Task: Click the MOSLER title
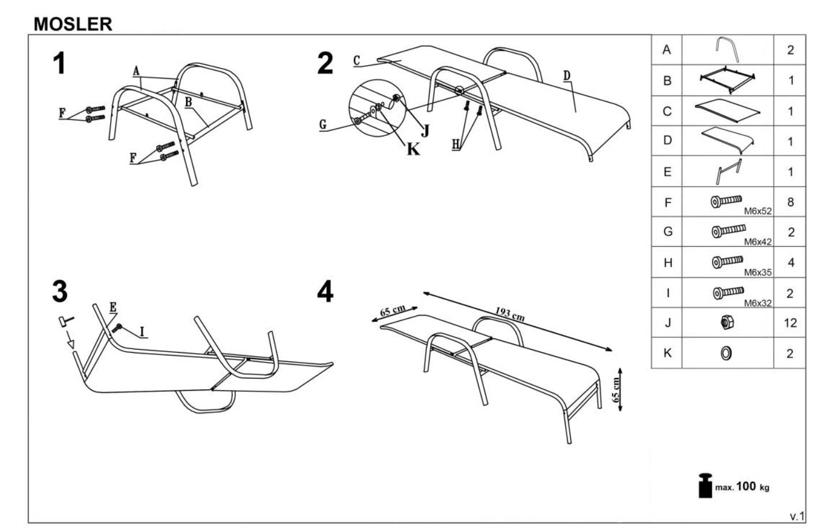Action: (73, 24)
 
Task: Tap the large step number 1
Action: (59, 63)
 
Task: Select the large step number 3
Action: (60, 292)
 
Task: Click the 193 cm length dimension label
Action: (510, 313)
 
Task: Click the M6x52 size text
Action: (758, 211)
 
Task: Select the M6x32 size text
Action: (758, 303)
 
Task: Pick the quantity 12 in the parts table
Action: (791, 323)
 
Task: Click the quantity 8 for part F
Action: (791, 202)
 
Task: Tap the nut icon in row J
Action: (727, 322)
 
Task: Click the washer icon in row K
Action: (726, 353)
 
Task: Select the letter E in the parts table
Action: (667, 172)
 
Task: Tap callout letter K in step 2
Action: (413, 149)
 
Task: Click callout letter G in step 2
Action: (323, 124)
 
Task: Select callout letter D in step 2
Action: (567, 75)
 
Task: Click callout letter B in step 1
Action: (189, 101)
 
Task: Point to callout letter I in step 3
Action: (142, 332)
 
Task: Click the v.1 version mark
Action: (797, 516)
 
